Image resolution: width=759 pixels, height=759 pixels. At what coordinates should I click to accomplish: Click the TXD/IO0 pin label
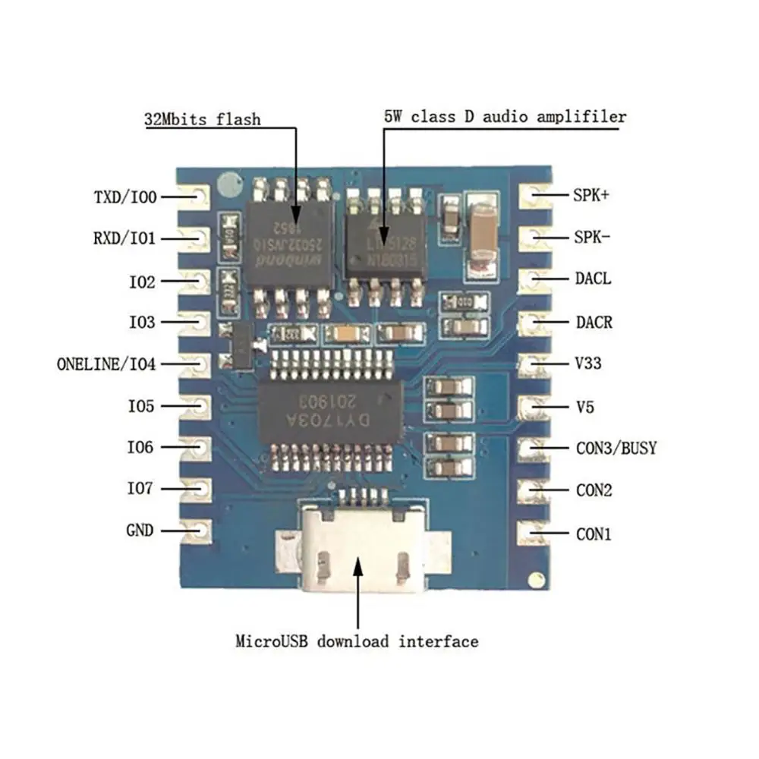pyautogui.click(x=125, y=197)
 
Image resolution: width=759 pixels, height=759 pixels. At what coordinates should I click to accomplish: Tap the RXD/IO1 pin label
pyautogui.click(x=124, y=238)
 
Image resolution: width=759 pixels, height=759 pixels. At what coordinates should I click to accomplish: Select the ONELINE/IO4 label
pyautogui.click(x=106, y=364)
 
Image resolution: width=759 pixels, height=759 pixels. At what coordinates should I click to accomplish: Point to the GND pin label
pyautogui.click(x=140, y=530)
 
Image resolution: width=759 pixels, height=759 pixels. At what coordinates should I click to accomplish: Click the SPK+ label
pyautogui.click(x=592, y=195)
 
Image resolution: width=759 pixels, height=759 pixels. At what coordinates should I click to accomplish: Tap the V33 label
pyautogui.click(x=589, y=364)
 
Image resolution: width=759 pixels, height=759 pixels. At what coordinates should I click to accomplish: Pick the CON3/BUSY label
pyautogui.click(x=616, y=448)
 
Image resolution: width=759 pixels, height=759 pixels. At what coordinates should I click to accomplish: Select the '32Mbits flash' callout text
pyautogui.click(x=203, y=119)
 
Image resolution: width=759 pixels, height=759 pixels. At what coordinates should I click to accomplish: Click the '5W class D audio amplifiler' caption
pyautogui.click(x=505, y=117)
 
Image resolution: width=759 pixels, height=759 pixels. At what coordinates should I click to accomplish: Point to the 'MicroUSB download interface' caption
pyautogui.click(x=357, y=641)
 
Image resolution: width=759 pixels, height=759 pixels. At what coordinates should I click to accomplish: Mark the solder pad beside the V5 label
pyautogui.click(x=534, y=407)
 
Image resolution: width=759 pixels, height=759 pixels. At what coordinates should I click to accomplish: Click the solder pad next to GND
pyautogui.click(x=195, y=530)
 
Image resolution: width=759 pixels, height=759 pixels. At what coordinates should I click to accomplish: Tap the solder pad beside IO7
pyautogui.click(x=195, y=488)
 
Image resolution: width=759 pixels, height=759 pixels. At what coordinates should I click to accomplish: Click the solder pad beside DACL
pyautogui.click(x=534, y=279)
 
